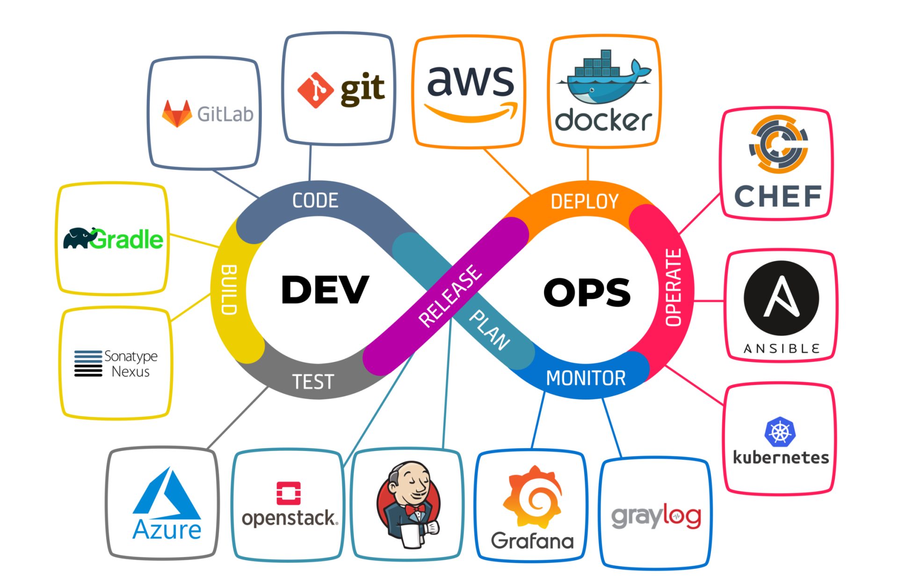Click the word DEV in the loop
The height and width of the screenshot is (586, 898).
(325, 290)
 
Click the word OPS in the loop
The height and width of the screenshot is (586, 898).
(587, 293)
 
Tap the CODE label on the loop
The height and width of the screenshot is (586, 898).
(315, 200)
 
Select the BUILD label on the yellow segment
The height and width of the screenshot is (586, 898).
(229, 290)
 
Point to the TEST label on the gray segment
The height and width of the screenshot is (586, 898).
(313, 382)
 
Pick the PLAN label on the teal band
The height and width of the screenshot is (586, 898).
(489, 330)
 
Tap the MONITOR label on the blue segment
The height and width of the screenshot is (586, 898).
(586, 378)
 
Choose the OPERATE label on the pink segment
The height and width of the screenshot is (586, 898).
(673, 287)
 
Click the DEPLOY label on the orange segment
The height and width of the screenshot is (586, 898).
(584, 201)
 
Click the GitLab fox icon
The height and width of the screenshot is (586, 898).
(177, 114)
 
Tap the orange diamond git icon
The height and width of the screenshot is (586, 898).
(316, 90)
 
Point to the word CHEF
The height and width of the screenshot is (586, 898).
(778, 196)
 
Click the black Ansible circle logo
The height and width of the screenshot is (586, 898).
(781, 298)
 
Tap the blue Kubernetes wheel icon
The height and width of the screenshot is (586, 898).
(780, 432)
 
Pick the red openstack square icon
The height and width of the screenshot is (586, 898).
(289, 493)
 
